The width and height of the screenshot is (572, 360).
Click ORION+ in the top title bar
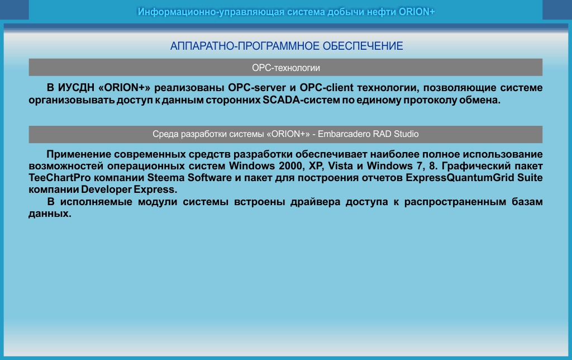pyautogui.click(x=417, y=12)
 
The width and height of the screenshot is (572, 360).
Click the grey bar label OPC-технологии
pyautogui.click(x=286, y=68)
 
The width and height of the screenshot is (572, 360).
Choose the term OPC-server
pyautogui.click(x=257, y=88)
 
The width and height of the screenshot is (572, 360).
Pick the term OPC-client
pyautogui.click(x=326, y=88)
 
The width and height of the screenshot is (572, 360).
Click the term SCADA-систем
pyautogui.click(x=301, y=100)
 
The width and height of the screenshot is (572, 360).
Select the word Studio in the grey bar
pyautogui.click(x=406, y=134)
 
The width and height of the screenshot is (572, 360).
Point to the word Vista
pyautogui.click(x=340, y=166)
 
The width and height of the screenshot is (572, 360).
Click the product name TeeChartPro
pyautogui.click(x=59, y=178)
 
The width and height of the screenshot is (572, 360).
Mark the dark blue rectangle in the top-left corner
pyautogui.click(x=14, y=10)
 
